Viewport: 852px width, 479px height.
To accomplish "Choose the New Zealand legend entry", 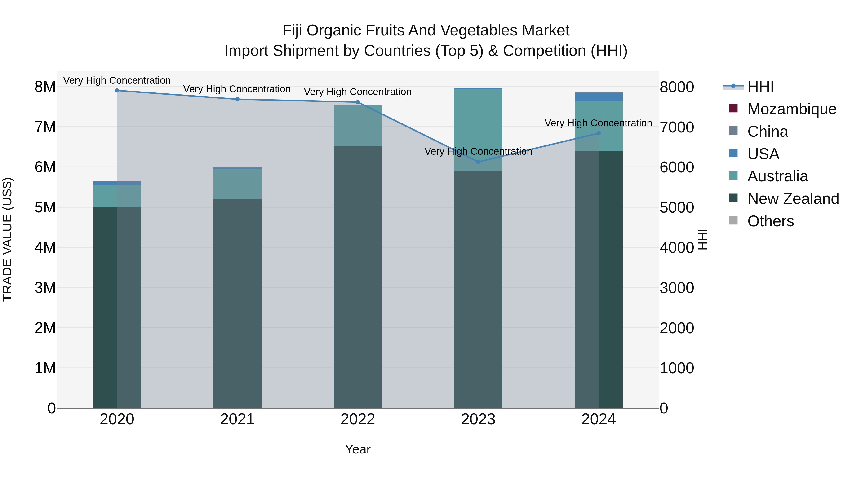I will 793,199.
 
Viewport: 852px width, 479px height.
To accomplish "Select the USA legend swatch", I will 733,153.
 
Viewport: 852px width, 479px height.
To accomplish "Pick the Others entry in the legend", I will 770,221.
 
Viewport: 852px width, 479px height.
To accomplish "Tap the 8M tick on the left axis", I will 45,87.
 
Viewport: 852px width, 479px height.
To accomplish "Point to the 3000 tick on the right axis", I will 677,288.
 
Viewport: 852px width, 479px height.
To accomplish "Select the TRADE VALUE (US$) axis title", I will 7,239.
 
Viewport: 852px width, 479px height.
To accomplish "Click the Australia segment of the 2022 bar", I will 358,126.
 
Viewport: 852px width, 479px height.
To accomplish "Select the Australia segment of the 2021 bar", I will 237,184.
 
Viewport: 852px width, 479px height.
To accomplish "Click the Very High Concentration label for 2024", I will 598,123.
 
